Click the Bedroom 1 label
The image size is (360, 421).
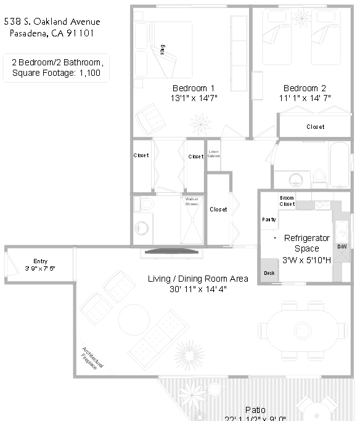194,88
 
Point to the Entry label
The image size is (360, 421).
40,261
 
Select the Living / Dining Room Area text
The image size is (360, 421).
198,279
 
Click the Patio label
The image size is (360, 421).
255,409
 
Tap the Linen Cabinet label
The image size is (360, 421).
214,153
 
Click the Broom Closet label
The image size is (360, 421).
287,201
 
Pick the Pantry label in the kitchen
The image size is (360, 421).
269,219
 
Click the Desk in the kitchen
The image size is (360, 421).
269,272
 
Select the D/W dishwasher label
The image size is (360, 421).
342,247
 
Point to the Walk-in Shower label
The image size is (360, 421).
191,201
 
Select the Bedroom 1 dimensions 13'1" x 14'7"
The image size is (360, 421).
194,97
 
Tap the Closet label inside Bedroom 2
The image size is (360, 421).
316,127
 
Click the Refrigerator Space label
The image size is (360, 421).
307,238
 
